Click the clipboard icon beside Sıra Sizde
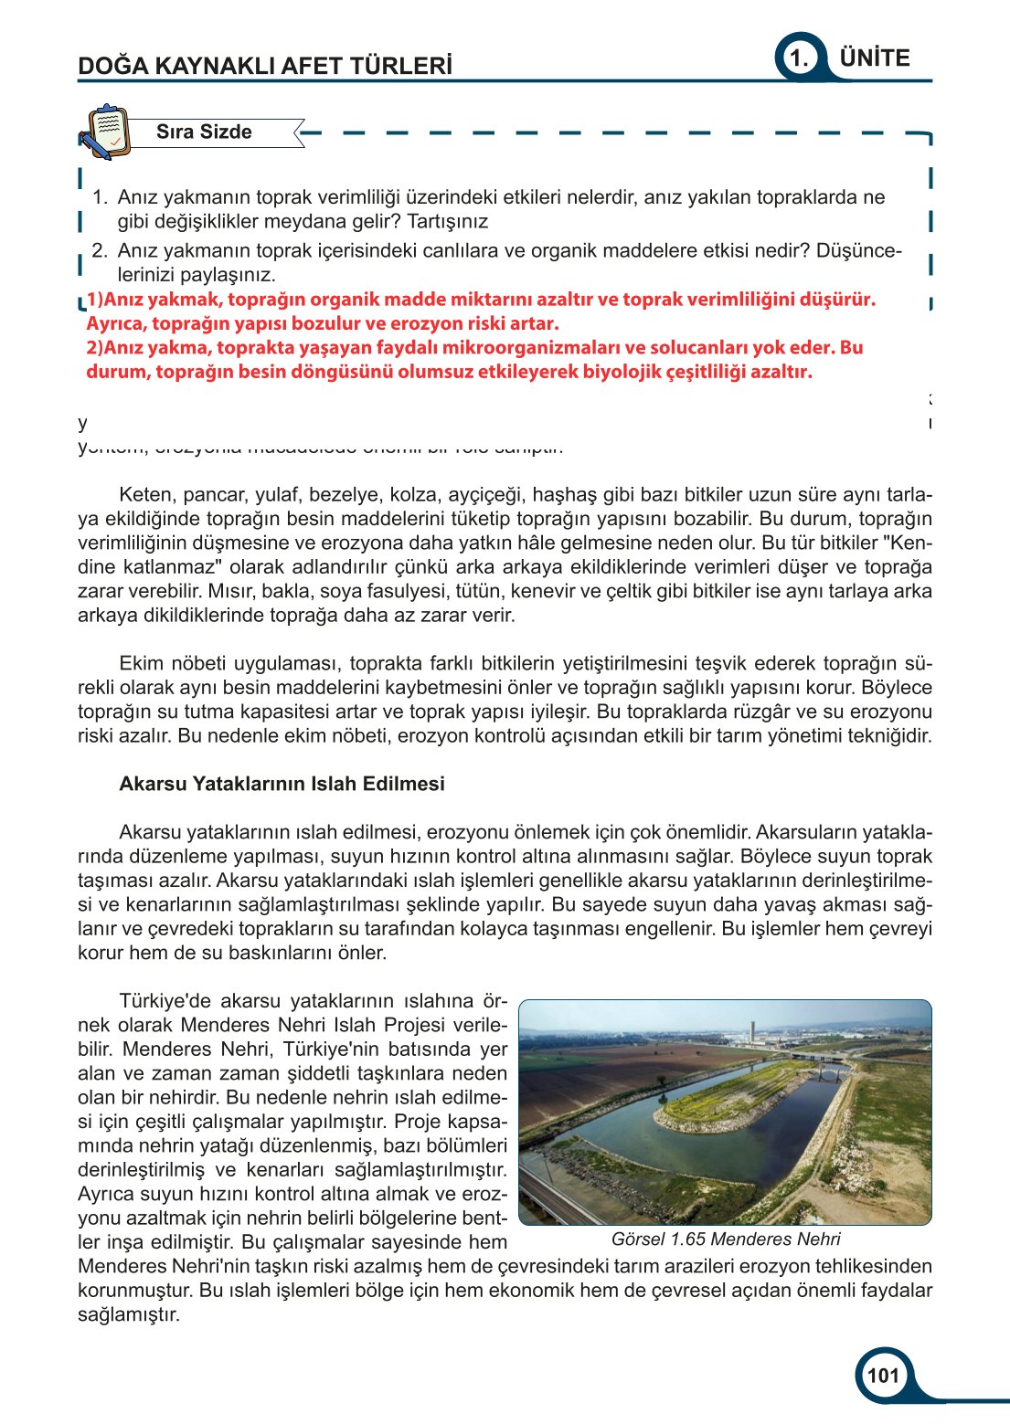coord(102,132)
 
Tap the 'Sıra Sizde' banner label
coord(204,132)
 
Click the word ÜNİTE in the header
coord(875,58)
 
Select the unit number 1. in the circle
coord(799,59)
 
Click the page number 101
coord(883,1376)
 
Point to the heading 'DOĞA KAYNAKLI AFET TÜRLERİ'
coord(265,66)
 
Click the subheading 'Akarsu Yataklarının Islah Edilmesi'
coord(282,784)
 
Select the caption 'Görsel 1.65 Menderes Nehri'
coord(726,1239)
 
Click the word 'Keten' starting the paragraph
coord(145,495)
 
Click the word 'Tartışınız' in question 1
coord(447,221)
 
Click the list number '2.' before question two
coord(100,251)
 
